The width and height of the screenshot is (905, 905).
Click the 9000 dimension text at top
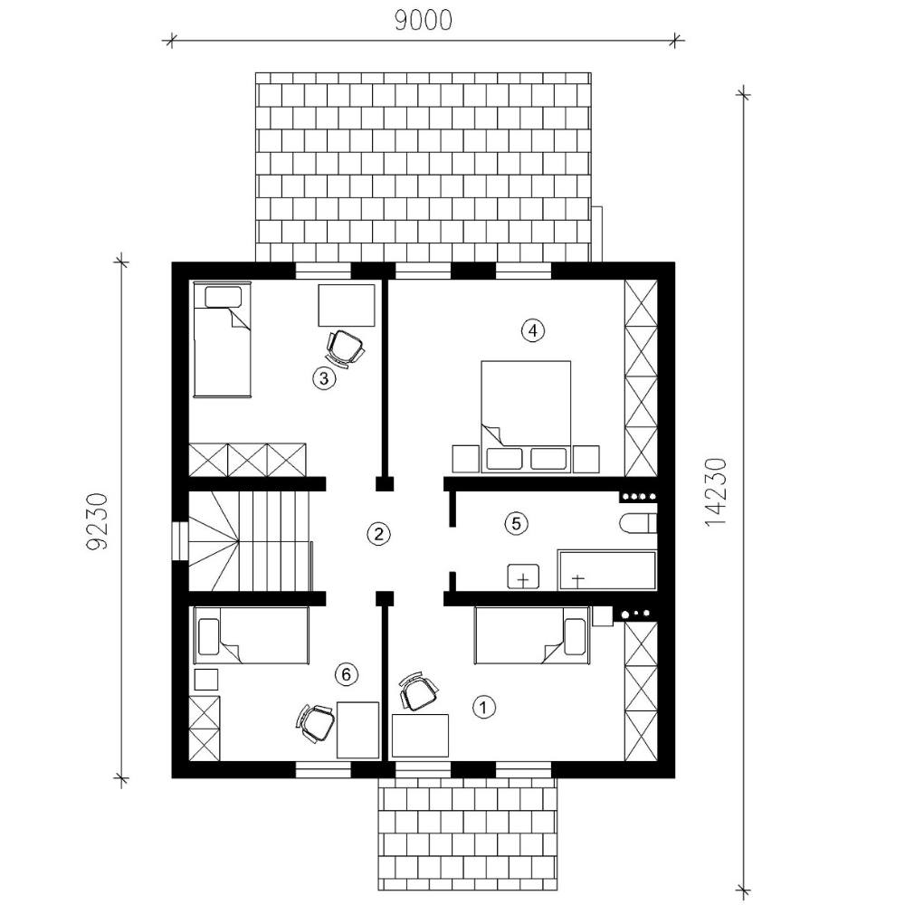[x=423, y=21]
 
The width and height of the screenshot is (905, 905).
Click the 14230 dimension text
[x=715, y=491]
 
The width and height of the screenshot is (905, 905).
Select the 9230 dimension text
[x=97, y=521]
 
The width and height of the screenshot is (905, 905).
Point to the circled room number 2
[x=378, y=534]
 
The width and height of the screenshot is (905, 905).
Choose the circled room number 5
[x=516, y=523]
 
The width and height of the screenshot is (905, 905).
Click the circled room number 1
[x=483, y=707]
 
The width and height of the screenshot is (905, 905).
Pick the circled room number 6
[x=347, y=674]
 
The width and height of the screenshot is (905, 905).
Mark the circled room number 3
[x=324, y=378]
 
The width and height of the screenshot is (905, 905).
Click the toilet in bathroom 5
[x=638, y=523]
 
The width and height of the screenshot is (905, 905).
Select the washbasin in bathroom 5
[x=523, y=576]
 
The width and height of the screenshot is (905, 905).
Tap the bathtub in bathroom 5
[x=606, y=570]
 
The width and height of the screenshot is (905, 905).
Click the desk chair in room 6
[x=316, y=723]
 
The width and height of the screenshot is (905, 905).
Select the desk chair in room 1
[x=418, y=691]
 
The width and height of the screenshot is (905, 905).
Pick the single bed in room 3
[x=223, y=339]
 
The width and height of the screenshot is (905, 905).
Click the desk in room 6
[x=357, y=729]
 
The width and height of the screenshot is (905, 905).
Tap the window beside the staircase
[x=181, y=541]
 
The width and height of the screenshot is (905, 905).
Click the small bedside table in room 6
[x=206, y=680]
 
